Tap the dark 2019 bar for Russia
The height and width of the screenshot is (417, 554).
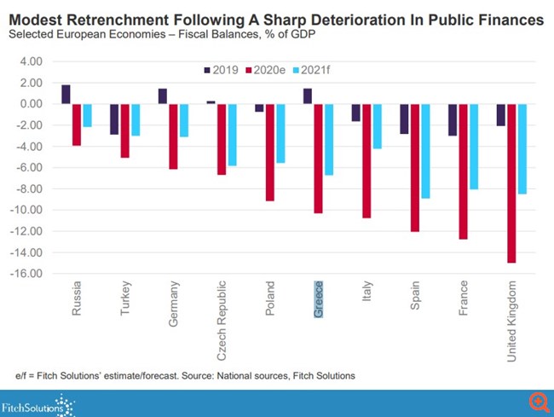click(66, 95)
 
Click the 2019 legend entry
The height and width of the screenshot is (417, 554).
click(221, 69)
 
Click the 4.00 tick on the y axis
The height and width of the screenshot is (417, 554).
click(30, 61)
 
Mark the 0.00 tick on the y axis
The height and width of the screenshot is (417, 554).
click(30, 104)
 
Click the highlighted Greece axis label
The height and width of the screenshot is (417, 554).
click(319, 298)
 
